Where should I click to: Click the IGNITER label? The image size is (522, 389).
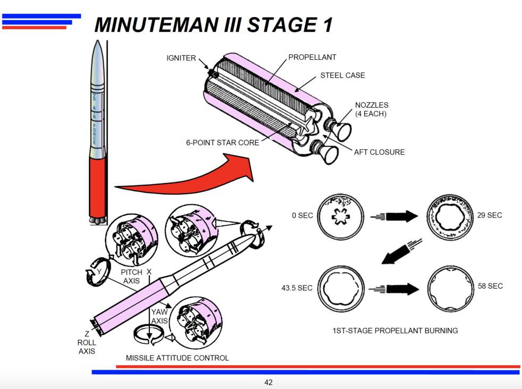pos(181,58)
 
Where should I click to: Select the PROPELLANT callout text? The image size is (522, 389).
pos(312,57)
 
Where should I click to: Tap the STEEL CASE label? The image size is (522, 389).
pos(342,75)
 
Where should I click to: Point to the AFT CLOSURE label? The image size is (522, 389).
pos(379,152)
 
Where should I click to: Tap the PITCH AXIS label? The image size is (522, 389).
pos(132,276)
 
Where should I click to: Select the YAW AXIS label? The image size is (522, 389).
pos(159,316)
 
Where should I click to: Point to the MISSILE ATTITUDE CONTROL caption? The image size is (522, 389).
pos(177,358)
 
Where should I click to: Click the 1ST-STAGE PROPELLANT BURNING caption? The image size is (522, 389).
pos(395,331)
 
